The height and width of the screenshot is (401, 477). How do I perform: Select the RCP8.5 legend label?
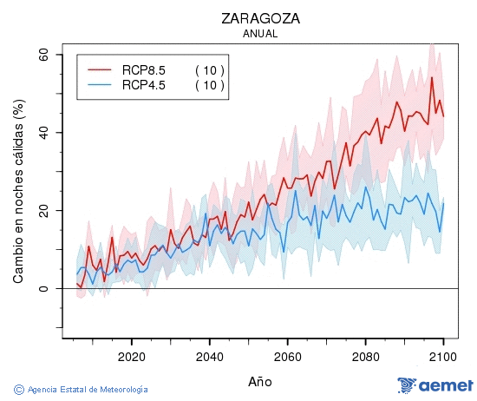tap(143, 70)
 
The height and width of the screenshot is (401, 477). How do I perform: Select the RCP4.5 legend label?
tap(143, 85)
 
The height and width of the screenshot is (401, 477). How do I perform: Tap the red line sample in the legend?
tap(100, 70)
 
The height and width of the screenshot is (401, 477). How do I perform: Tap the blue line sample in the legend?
tap(100, 85)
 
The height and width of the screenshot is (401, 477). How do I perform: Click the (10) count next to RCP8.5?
tap(209, 70)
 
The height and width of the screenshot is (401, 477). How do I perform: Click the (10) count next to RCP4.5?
tap(209, 85)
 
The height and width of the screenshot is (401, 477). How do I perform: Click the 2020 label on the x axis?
tap(131, 356)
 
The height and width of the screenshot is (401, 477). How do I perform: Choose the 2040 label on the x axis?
tap(209, 356)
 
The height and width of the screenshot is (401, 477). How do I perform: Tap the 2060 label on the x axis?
tap(287, 356)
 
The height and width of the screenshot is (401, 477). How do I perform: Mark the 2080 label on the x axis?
tap(365, 356)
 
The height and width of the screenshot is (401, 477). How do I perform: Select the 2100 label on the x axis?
tap(443, 356)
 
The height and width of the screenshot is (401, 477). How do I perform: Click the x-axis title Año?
tap(260, 381)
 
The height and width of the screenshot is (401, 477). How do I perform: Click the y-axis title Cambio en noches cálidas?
tap(18, 191)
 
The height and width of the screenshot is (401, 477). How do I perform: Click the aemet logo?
tap(435, 385)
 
